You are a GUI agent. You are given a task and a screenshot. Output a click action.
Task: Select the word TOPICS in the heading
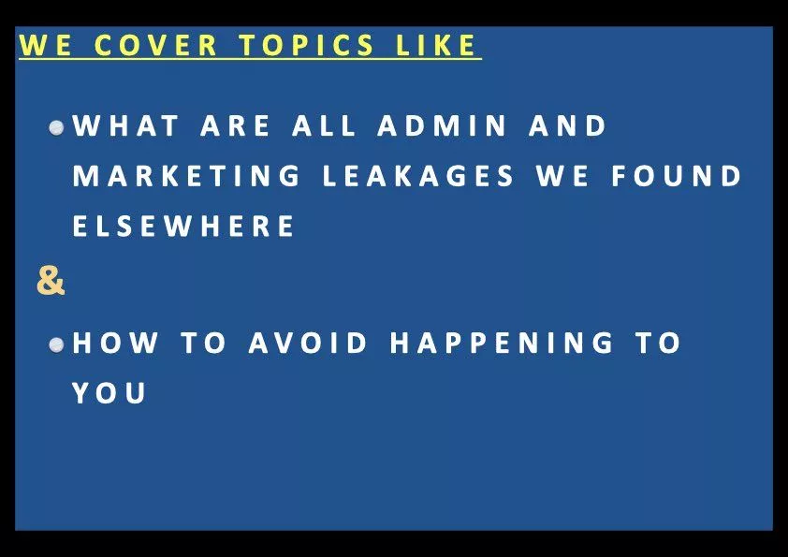point(306,45)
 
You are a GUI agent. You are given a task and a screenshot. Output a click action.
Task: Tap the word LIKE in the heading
point(435,45)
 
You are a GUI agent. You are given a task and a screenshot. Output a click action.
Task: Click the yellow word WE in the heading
point(45,45)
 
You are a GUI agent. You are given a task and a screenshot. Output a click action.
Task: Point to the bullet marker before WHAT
point(57,127)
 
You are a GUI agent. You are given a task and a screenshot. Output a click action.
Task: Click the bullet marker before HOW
point(57,344)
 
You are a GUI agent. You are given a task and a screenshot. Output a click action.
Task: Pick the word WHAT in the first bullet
point(125,125)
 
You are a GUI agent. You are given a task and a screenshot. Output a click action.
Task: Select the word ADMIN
point(442,125)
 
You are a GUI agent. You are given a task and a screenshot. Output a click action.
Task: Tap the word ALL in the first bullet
point(324,125)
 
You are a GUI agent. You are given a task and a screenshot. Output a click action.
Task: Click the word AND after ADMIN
point(567,125)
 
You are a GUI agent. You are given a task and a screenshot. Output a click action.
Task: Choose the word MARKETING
point(186,176)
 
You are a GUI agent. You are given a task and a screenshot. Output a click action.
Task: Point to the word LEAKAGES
point(418,176)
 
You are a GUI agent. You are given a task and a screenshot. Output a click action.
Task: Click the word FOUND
point(677,176)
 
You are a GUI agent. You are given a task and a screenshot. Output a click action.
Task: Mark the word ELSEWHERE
point(183,226)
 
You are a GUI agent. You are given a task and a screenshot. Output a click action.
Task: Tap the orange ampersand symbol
point(51,281)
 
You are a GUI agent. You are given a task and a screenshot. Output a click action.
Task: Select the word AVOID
point(308,343)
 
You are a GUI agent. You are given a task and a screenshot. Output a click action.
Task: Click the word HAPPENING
point(502,343)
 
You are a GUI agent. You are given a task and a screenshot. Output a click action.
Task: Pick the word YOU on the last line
point(109,392)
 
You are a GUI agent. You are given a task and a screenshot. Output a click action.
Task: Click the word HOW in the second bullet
point(115,343)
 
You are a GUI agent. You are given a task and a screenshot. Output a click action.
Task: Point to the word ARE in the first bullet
point(235,125)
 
